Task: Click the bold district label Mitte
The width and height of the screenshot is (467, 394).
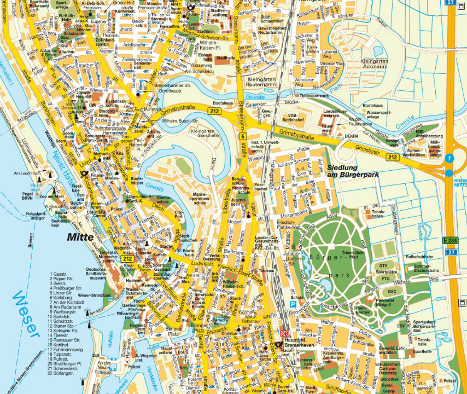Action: (x=81, y=237)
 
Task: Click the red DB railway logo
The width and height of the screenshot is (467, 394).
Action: (x=284, y=334)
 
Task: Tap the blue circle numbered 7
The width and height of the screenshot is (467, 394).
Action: (x=449, y=159)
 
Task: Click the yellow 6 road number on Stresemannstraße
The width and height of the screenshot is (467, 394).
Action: (x=242, y=136)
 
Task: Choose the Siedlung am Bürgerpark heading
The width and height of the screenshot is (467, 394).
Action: (x=353, y=171)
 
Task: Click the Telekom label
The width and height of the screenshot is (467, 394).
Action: (x=266, y=270)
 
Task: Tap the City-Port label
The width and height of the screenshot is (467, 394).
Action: (x=179, y=213)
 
